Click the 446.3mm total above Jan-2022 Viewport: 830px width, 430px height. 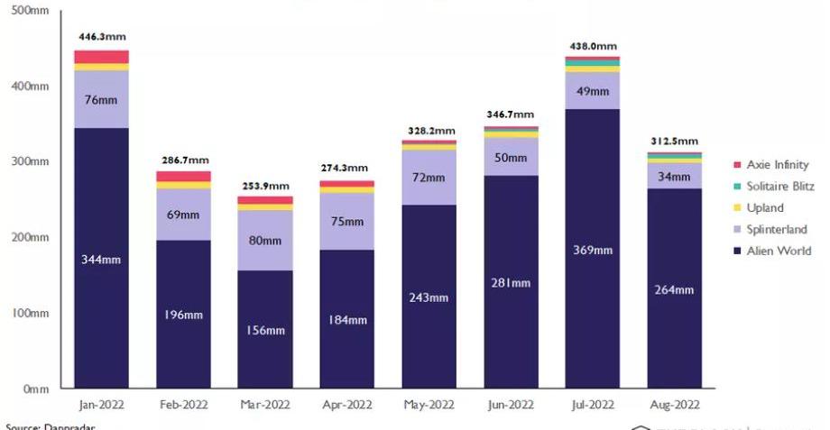click(101, 39)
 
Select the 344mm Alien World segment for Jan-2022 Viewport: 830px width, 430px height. click(101, 260)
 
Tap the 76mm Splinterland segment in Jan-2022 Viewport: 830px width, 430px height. click(101, 99)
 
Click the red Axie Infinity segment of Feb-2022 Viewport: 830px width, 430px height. click(183, 176)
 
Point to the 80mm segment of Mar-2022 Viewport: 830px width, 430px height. click(264, 240)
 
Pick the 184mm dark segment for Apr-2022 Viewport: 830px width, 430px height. click(346, 319)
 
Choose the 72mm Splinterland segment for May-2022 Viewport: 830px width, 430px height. click(429, 178)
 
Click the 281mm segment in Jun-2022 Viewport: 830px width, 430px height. click(511, 282)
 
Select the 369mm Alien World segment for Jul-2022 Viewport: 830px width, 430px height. click(592, 249)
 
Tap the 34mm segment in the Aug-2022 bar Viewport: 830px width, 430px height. click(674, 176)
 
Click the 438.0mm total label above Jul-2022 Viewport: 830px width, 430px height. click(592, 46)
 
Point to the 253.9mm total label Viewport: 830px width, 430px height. click(264, 186)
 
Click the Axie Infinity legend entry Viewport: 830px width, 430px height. click(771, 164)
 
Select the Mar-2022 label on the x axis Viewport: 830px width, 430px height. click(264, 405)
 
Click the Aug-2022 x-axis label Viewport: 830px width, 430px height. click(674, 405)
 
